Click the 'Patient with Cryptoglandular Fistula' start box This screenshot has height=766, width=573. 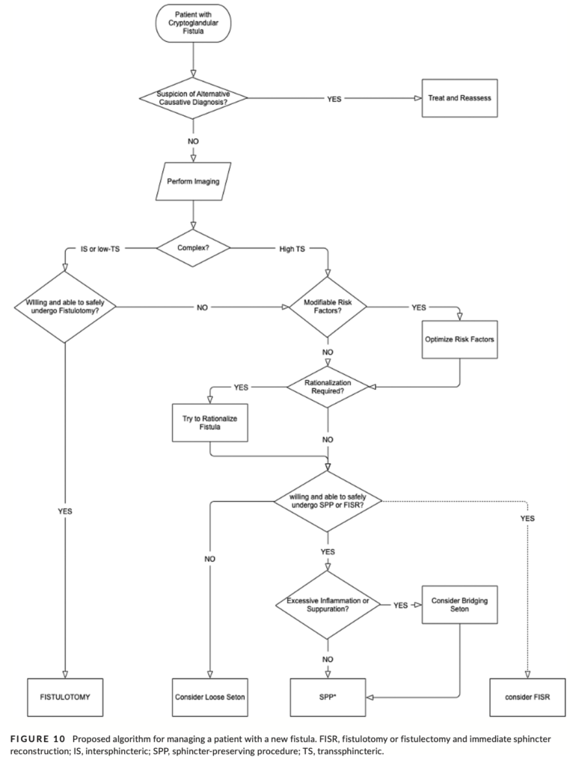[x=193, y=24]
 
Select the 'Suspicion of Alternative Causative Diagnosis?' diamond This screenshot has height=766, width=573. [x=193, y=98]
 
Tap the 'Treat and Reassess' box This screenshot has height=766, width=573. [x=459, y=98]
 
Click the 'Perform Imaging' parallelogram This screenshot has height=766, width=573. [x=193, y=180]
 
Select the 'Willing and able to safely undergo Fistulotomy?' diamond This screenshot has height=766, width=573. [x=65, y=306]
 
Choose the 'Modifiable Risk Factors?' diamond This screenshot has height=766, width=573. [x=328, y=306]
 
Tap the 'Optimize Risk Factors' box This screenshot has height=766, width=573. [x=459, y=338]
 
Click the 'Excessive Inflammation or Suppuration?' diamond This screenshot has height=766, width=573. [x=328, y=604]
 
